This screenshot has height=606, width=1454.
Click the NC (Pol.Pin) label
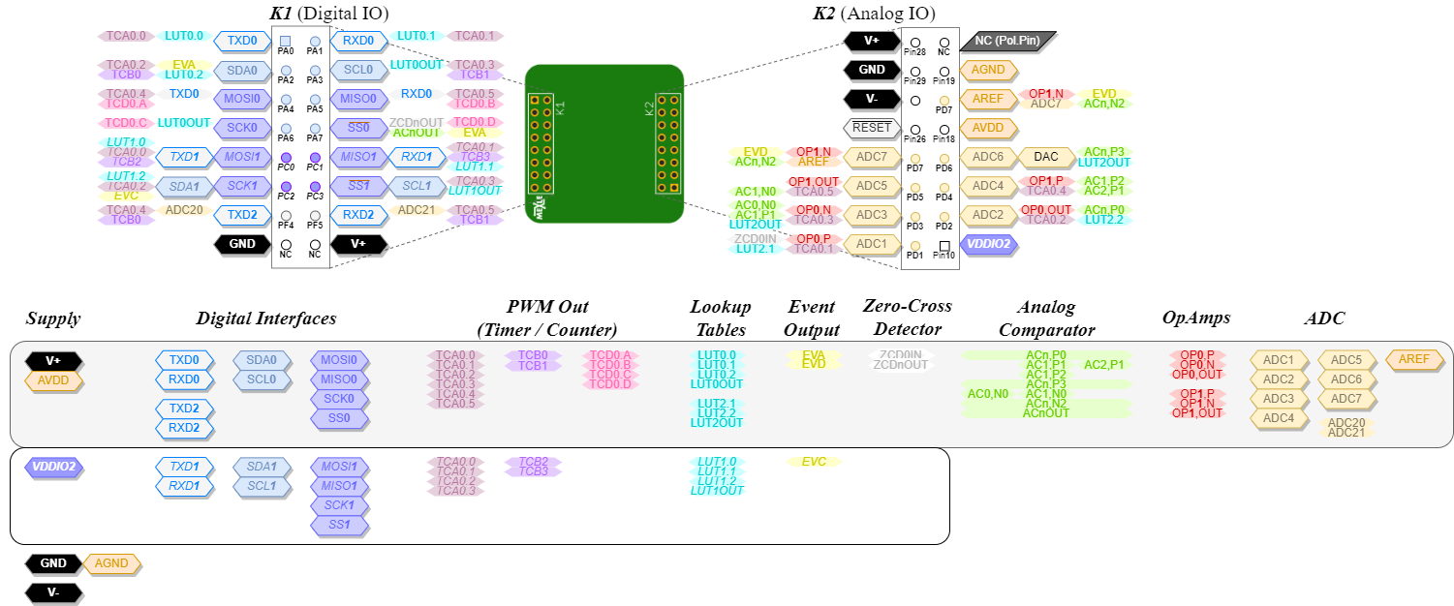[x=1007, y=41]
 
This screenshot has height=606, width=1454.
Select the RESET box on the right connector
[x=872, y=128]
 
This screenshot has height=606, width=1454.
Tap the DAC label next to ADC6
[x=1045, y=157]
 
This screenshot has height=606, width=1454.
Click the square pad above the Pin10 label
[x=944, y=245]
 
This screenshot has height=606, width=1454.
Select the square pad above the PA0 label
[x=286, y=41]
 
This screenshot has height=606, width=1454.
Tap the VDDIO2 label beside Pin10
[x=988, y=245]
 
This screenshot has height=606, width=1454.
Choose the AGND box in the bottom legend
[x=111, y=563]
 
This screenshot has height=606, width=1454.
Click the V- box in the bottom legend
[x=53, y=592]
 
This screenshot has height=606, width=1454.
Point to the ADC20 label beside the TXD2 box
[x=183, y=210]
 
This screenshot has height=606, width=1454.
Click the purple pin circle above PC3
[x=315, y=186]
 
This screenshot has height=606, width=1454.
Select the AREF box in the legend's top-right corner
[x=1414, y=359]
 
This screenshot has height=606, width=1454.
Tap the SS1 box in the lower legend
[x=339, y=525]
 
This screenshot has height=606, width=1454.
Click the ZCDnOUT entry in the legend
[x=901, y=365]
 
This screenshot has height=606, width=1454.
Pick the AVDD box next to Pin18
[x=988, y=128]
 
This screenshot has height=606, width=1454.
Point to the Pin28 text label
[x=914, y=52]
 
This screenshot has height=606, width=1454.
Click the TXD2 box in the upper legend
[x=184, y=409]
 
